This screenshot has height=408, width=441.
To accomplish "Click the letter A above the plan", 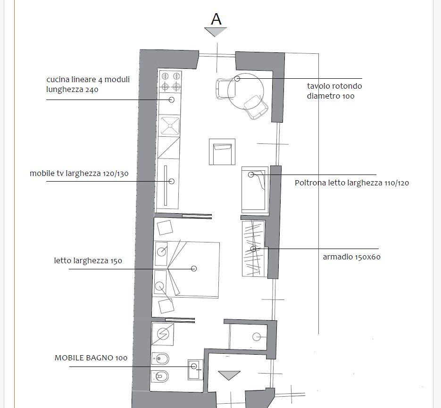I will click(216, 19).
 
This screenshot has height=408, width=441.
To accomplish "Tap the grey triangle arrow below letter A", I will click(216, 32).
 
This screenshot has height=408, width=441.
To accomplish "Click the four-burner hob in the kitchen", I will click(170, 81).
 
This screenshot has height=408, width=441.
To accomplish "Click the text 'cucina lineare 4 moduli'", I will click(88, 79).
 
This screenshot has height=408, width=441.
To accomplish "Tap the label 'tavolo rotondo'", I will click(334, 86).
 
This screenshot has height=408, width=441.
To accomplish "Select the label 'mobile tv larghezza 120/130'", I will click(79, 174).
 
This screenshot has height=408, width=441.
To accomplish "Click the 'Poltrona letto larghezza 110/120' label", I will click(351, 183).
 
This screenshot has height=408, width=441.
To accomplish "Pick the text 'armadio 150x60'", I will click(351, 257).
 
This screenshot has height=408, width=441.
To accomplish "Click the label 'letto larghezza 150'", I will click(88, 260).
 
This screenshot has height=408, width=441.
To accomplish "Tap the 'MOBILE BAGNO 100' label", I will click(91, 358).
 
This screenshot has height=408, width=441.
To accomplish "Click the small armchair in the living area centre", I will click(222, 152).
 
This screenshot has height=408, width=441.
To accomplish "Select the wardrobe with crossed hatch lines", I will click(253, 249).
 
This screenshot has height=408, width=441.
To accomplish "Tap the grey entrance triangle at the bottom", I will click(229, 375).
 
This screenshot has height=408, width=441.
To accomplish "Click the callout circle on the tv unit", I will click(172, 181).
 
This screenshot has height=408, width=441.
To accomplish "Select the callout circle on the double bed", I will click(194, 268).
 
